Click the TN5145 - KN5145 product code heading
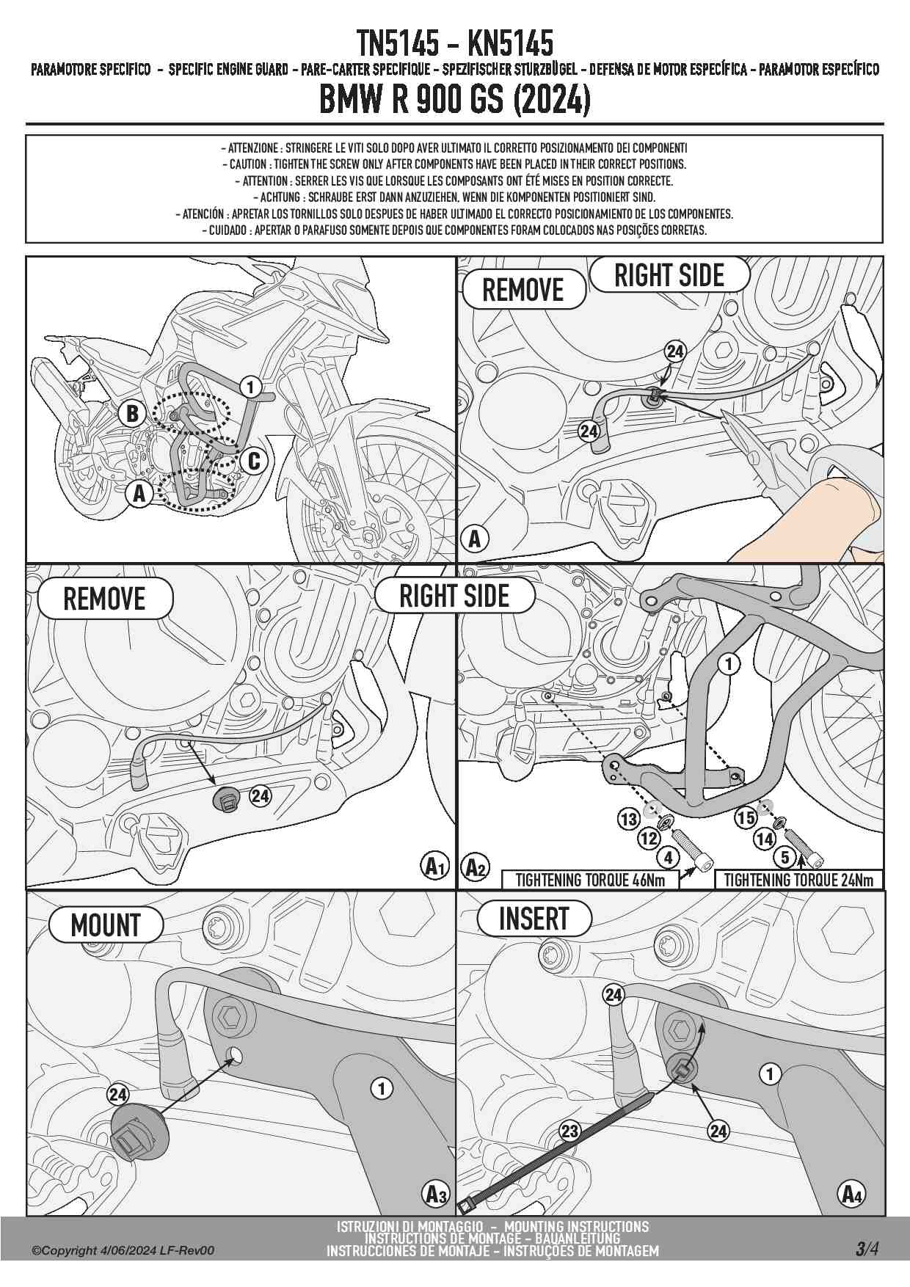click(x=454, y=44)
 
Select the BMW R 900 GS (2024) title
click(x=454, y=100)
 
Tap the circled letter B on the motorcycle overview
click(x=132, y=413)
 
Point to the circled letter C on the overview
click(x=254, y=461)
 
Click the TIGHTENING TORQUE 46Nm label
click(x=589, y=880)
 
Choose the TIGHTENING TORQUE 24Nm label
click(x=798, y=880)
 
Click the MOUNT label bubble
click(x=106, y=925)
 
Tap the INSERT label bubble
click(x=534, y=919)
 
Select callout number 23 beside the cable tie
click(x=570, y=1131)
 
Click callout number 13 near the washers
click(x=629, y=819)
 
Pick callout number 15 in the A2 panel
click(x=746, y=817)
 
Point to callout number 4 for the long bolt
click(x=667, y=856)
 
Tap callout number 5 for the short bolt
click(x=785, y=856)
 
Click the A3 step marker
click(x=436, y=1195)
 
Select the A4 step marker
click(x=851, y=1194)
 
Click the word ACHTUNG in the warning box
click(x=280, y=197)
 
